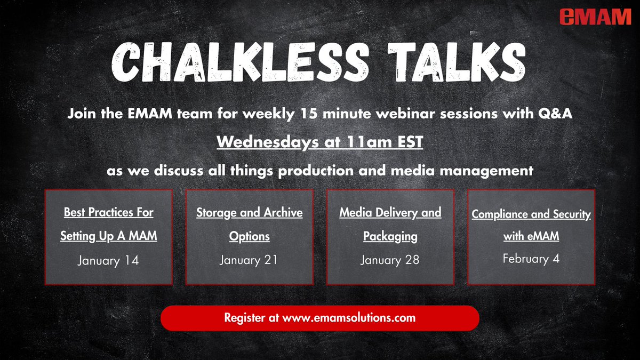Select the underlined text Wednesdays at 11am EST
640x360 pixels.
tap(320, 143)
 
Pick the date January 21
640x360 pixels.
tap(249, 260)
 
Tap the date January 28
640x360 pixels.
tap(390, 260)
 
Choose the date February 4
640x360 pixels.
tap(531, 259)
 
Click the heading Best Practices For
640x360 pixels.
tap(108, 212)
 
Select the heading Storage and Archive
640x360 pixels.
tap(249, 212)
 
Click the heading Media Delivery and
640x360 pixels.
tap(390, 212)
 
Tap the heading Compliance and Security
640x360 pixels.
tap(531, 214)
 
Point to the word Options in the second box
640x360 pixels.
tap(249, 236)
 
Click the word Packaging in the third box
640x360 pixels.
tap(390, 236)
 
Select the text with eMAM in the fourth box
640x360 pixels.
tap(531, 236)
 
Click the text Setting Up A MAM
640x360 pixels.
tap(108, 236)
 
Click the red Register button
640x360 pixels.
tap(320, 318)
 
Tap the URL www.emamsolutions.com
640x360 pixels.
tap(349, 318)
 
